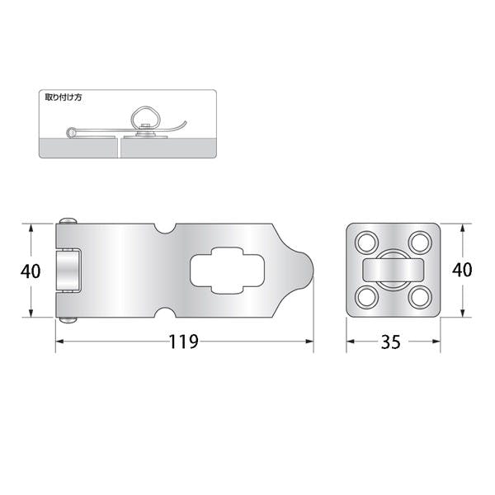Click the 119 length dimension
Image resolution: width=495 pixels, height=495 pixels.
pyautogui.click(x=184, y=342)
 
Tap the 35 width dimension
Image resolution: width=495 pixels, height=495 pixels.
pyautogui.click(x=391, y=342)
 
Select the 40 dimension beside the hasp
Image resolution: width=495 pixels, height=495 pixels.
pyautogui.click(x=31, y=271)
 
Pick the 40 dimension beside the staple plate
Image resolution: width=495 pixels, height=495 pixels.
pyautogui.click(x=462, y=270)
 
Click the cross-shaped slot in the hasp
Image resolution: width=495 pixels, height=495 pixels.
pyautogui.click(x=227, y=271)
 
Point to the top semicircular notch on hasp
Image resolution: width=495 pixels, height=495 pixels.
pyautogui.click(x=165, y=229)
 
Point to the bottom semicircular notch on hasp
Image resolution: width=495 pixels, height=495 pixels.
pyautogui.click(x=165, y=312)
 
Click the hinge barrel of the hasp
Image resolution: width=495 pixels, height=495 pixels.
pyautogui.click(x=68, y=271)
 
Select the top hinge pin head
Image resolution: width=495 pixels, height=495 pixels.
pyautogui.click(x=68, y=220)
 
